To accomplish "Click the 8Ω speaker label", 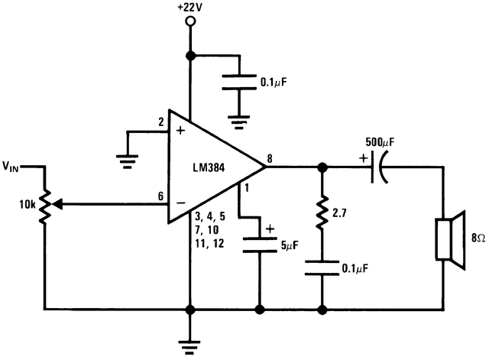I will click(471, 238).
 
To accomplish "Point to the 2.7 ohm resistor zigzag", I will click(321, 215).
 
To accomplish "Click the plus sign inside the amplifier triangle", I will click(180, 131).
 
